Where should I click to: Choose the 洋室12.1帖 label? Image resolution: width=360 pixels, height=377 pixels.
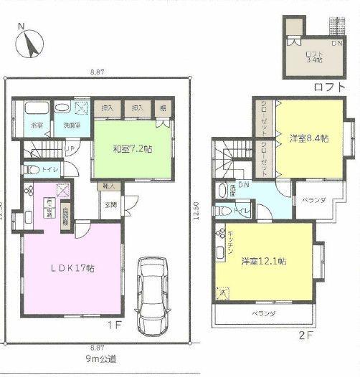coord(265,262)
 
